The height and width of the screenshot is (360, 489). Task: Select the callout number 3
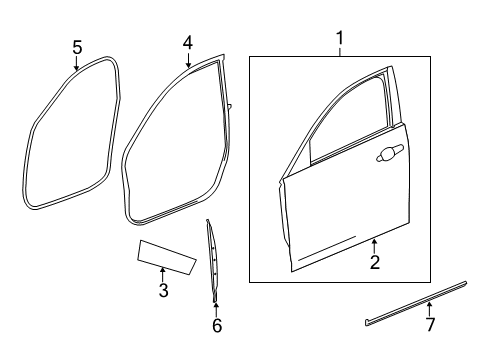(163, 291)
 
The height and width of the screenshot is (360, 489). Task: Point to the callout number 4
(187, 44)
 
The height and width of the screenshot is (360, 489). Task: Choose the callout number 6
(216, 325)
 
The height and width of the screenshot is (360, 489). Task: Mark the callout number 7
(430, 325)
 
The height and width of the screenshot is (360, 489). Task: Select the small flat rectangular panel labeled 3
(165, 254)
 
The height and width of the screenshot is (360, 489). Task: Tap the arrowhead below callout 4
(187, 67)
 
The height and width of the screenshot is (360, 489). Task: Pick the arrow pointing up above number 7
(429, 305)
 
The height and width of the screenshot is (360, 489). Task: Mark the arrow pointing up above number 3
(163, 271)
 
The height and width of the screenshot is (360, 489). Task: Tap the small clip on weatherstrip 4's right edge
(229, 105)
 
